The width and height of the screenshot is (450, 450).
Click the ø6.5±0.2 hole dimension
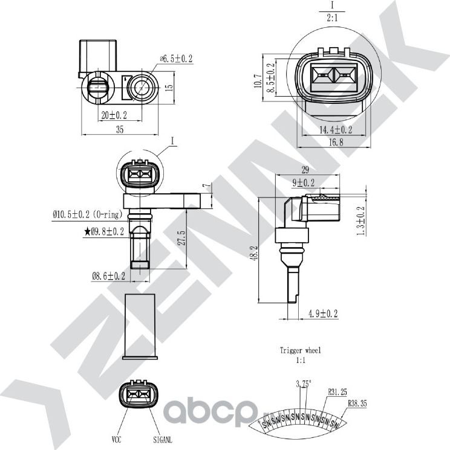tap(176, 59)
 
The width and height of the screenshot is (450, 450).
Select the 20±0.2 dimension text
tap(114, 115)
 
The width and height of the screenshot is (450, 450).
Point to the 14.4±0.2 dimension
tap(335, 130)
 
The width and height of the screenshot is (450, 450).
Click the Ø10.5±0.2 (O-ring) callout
tap(87, 214)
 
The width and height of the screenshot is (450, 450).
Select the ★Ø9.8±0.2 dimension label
tap(105, 231)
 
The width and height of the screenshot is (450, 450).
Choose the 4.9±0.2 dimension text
tap(322, 313)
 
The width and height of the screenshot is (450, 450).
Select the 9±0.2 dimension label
tap(302, 182)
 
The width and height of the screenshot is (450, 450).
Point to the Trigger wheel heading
tap(301, 350)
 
